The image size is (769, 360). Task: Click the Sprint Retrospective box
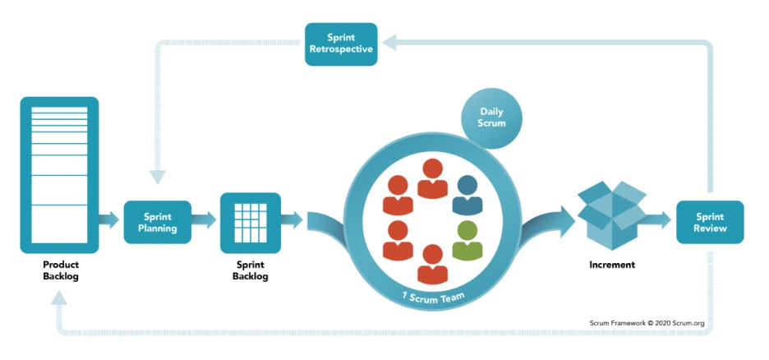coord(341,44)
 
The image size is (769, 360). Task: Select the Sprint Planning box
coord(158,222)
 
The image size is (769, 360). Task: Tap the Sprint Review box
coord(710,222)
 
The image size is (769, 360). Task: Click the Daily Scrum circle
coord(492,118)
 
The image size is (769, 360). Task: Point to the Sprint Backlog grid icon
coord(250,223)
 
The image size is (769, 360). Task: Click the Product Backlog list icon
coord(59,175)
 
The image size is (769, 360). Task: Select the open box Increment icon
coord(611,215)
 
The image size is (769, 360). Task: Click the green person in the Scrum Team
coord(467,241)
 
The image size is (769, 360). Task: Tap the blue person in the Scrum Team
coord(467,195)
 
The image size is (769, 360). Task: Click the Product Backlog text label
coord(61,270)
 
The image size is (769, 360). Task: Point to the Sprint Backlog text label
coord(250,270)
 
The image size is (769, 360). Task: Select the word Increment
coord(612,265)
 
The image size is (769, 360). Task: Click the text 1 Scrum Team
coord(433,296)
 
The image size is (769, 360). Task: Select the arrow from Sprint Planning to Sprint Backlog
coord(204,219)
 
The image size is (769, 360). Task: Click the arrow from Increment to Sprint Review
coord(659,219)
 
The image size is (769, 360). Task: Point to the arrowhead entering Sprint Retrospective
coord(389,43)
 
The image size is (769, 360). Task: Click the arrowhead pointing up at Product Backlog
coord(59,298)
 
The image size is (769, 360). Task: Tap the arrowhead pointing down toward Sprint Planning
coord(157,177)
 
